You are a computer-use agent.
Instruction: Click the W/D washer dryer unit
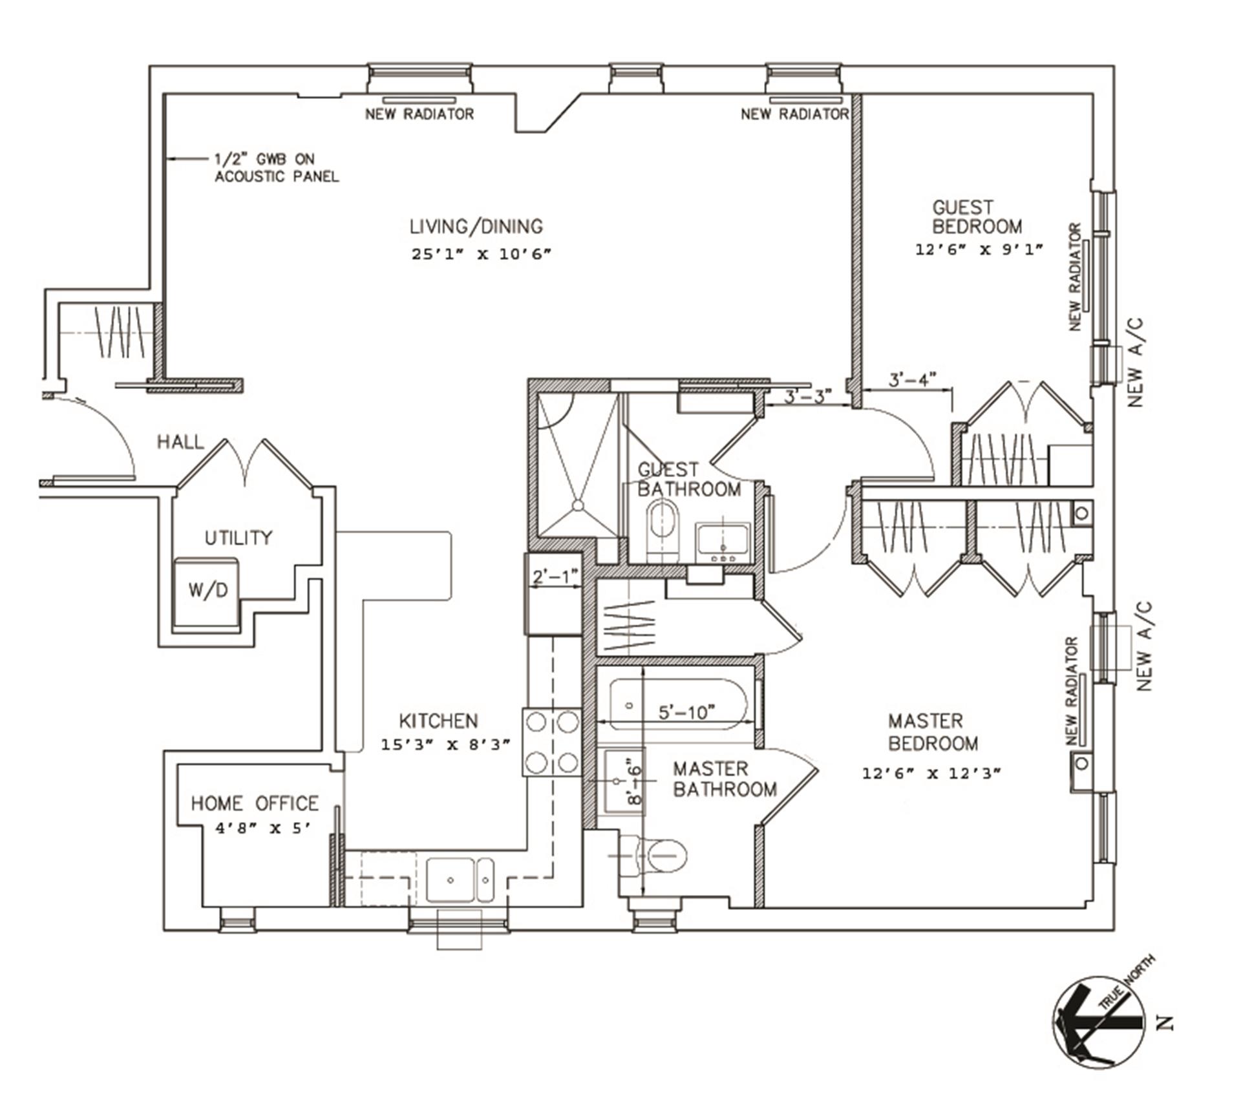point(207,589)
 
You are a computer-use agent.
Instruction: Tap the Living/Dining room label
point(476,227)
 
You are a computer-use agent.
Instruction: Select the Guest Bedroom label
point(977,217)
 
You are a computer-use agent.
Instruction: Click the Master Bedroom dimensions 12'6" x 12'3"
point(931,773)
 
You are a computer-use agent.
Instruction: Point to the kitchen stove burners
point(552,743)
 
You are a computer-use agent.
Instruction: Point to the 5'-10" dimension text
point(686,712)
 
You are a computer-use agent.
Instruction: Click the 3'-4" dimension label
point(912,379)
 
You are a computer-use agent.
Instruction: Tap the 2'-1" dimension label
point(554,576)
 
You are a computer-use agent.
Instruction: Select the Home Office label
point(255,803)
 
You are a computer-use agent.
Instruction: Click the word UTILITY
point(239,538)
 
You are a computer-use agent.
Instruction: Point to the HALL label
point(180,443)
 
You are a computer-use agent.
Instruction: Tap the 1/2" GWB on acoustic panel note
point(277,167)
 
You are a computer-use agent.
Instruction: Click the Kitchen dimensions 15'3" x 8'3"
point(445,744)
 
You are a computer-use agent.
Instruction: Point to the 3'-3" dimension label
point(807,396)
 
